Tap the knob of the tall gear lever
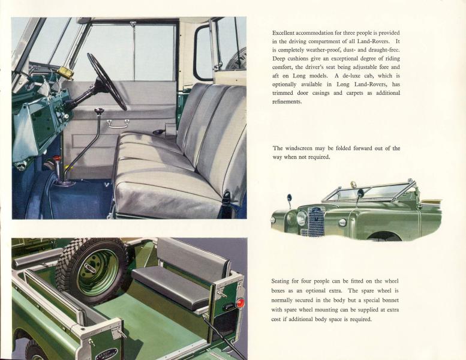pos(98,112)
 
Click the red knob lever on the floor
pos(57,158)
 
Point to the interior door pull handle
pos(118,123)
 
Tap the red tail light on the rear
pos(240,303)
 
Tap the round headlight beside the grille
pos(302,218)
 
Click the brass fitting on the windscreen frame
pos(67,72)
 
